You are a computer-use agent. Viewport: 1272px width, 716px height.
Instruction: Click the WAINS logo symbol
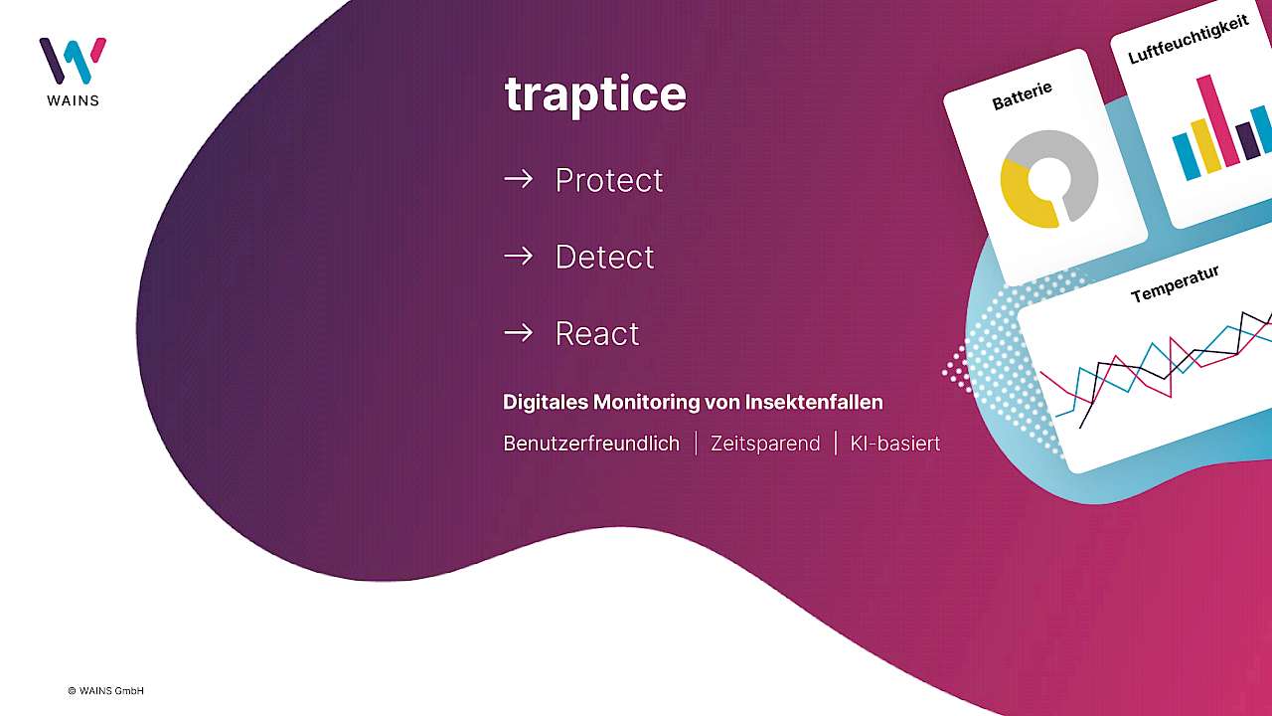click(x=73, y=61)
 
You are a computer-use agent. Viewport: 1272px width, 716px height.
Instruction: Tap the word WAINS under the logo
click(x=73, y=100)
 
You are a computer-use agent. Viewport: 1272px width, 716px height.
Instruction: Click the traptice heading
click(x=595, y=94)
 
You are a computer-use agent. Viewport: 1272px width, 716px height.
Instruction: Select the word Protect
click(x=609, y=180)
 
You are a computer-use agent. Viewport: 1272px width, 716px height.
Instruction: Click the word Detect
click(x=604, y=257)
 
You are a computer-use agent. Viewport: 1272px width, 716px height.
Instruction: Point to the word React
click(x=597, y=333)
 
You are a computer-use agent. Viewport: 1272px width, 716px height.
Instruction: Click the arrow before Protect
click(x=518, y=180)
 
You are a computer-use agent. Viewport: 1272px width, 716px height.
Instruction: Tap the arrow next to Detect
click(x=518, y=257)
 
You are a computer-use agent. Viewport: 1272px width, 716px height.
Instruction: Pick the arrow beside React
click(x=518, y=333)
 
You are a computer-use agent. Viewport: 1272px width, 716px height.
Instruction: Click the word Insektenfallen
click(x=814, y=403)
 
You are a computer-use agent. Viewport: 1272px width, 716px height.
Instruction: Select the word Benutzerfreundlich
click(x=591, y=444)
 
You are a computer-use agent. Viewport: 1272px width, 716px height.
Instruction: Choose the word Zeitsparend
click(x=765, y=444)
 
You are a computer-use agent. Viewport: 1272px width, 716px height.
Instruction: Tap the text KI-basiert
click(x=895, y=444)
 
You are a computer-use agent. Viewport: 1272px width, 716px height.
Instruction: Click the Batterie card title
click(x=1023, y=95)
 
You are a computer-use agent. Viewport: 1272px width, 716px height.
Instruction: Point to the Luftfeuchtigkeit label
click(x=1189, y=39)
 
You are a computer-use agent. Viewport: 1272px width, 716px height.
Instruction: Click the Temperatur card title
click(x=1175, y=284)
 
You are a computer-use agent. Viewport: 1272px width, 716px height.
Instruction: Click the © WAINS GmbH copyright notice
click(x=105, y=691)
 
